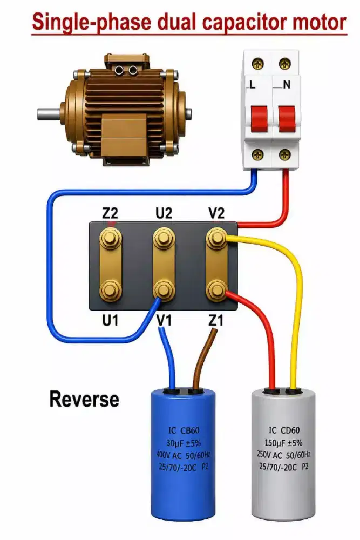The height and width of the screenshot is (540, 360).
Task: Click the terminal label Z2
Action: [x=110, y=213]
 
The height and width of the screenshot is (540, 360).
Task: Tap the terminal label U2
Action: [x=164, y=213]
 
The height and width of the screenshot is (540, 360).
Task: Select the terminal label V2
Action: [x=216, y=213]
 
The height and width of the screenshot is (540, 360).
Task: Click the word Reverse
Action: [x=84, y=399]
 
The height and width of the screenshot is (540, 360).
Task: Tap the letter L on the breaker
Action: [x=252, y=84]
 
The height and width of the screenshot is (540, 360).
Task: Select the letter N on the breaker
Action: [x=287, y=84]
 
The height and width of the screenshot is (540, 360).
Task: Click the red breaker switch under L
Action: [x=259, y=119]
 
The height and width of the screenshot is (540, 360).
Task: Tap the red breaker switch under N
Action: [x=287, y=119]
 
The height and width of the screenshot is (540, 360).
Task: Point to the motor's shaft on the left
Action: [x=50, y=114]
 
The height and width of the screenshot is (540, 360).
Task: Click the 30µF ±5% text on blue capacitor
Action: [x=184, y=443]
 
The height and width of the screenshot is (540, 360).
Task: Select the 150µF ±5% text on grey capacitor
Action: [x=283, y=443]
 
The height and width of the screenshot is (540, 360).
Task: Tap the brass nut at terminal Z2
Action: [x=110, y=238]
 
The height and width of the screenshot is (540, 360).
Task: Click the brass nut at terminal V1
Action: [x=164, y=289]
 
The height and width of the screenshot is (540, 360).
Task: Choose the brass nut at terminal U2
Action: [x=164, y=238]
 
